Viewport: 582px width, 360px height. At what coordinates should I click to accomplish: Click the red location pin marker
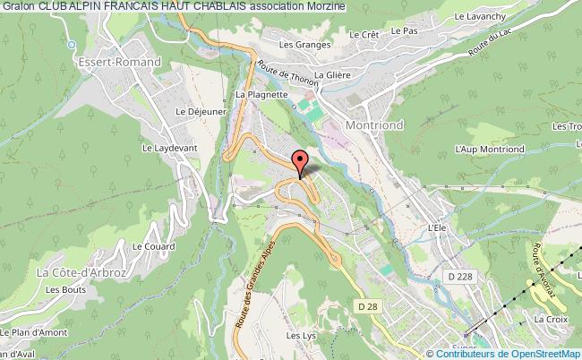(299, 161)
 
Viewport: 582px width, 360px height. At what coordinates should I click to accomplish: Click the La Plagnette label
(261, 93)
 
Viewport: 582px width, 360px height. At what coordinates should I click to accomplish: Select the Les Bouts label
(65, 289)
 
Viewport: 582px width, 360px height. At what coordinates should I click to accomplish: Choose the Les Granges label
(299, 44)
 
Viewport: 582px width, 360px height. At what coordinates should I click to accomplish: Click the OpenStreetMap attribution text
(532, 353)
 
